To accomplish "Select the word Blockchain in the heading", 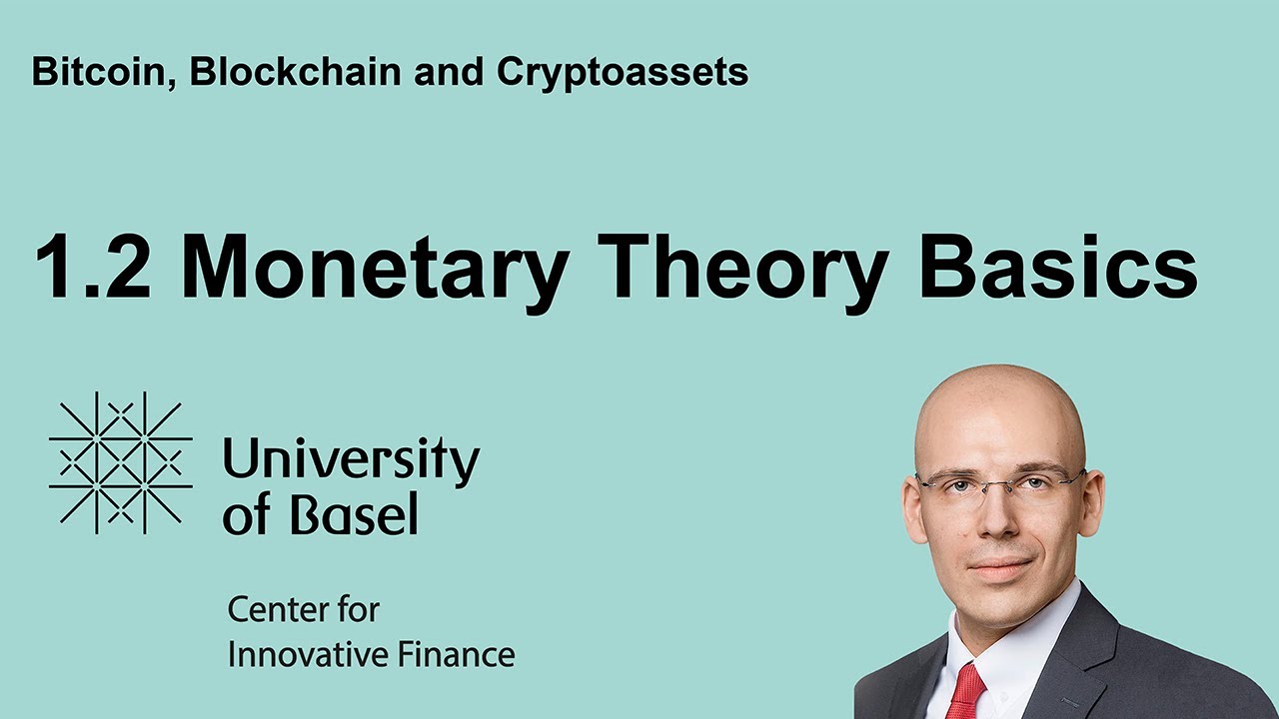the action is pos(295,71).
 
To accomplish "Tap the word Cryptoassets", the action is pos(623,74).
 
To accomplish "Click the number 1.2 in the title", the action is pos(94,266).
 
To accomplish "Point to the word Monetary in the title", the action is pos(375,274).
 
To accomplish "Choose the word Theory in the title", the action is pos(742,274).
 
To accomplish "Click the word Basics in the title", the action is pos(1059,266).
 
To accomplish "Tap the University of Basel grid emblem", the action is pos(121,462).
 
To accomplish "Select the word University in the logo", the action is pos(351,462).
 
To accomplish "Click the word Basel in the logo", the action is pos(355,513).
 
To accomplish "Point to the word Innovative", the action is pos(307,654).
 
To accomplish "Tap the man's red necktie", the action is pos(966,692).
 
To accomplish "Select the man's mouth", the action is pos(1001,568).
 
